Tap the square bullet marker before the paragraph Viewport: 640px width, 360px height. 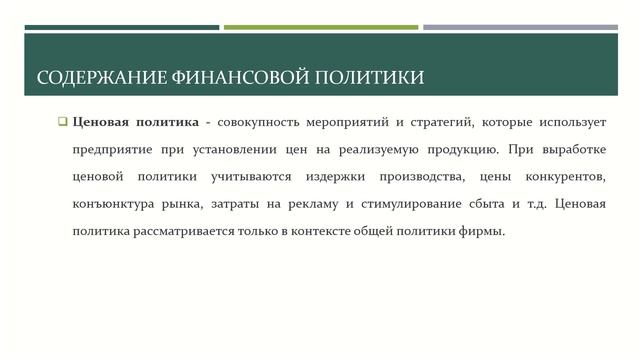click(x=61, y=123)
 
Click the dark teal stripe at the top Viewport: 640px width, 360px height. click(x=121, y=27)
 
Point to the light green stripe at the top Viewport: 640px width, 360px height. click(x=321, y=27)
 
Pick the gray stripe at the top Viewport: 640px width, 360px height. click(x=520, y=27)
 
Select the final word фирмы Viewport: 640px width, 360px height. click(x=485, y=231)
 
